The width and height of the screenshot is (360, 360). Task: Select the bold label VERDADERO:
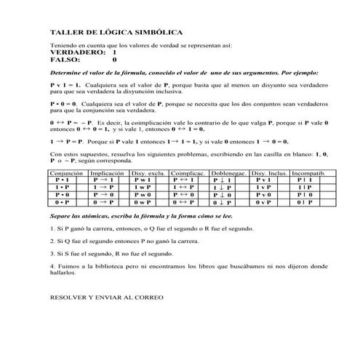coord(74,53)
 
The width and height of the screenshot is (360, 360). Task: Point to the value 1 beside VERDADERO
coord(113,53)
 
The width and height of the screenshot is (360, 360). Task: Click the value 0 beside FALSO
coord(113,60)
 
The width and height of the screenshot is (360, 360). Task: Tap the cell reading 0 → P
coord(107,204)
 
